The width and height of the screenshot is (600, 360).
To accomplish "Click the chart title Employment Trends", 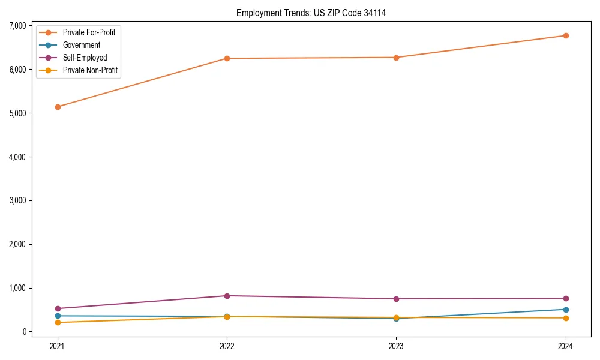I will pos(311,13).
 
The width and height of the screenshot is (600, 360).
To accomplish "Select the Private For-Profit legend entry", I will pos(89,32).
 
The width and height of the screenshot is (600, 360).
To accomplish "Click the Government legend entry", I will pos(81,45).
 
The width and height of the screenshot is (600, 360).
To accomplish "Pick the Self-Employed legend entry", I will pos(85,58).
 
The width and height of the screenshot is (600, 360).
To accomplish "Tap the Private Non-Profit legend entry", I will pos(90,70).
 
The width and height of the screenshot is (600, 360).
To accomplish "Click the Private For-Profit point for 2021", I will pos(58,107).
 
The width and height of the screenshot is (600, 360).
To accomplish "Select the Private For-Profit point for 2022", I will pos(227,58).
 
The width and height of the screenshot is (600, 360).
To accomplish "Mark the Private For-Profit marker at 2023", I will pos(396,58).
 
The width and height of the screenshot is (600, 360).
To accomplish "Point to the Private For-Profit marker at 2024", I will pos(566,35).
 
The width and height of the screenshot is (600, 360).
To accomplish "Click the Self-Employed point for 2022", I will pos(227,296).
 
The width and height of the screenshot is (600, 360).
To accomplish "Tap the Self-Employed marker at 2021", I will pos(58,308).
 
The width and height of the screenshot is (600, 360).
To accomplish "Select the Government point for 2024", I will pos(566,310).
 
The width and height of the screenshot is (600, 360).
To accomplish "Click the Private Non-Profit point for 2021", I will pos(58,322).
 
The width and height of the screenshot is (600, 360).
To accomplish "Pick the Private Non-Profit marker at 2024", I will pos(566,318).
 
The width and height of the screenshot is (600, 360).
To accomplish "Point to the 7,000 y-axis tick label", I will pos(17,26).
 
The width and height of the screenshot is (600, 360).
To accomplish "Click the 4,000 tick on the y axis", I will pos(17,157).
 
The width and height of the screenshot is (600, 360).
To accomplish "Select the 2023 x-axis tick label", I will pos(396,346).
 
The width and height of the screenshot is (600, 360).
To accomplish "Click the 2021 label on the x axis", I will pos(58,346).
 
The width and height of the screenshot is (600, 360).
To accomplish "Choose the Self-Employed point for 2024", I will pos(566,298).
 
